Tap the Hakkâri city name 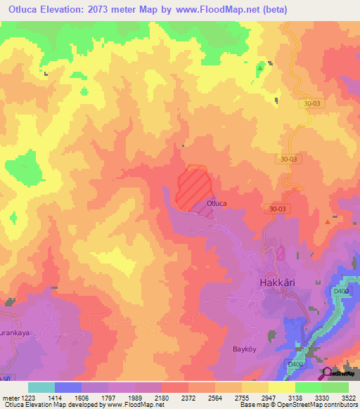(x=275, y=284)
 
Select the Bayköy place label (x=246, y=349)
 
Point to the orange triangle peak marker (x=328, y=221)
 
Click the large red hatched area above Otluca (x=194, y=186)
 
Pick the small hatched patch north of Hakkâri (x=280, y=253)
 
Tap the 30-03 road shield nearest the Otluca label (x=278, y=209)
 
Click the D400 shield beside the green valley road (x=341, y=291)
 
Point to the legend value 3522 (x=339, y=398)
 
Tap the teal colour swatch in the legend (x=41, y=387)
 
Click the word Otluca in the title (x=23, y=8)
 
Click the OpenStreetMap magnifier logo (x=327, y=372)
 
